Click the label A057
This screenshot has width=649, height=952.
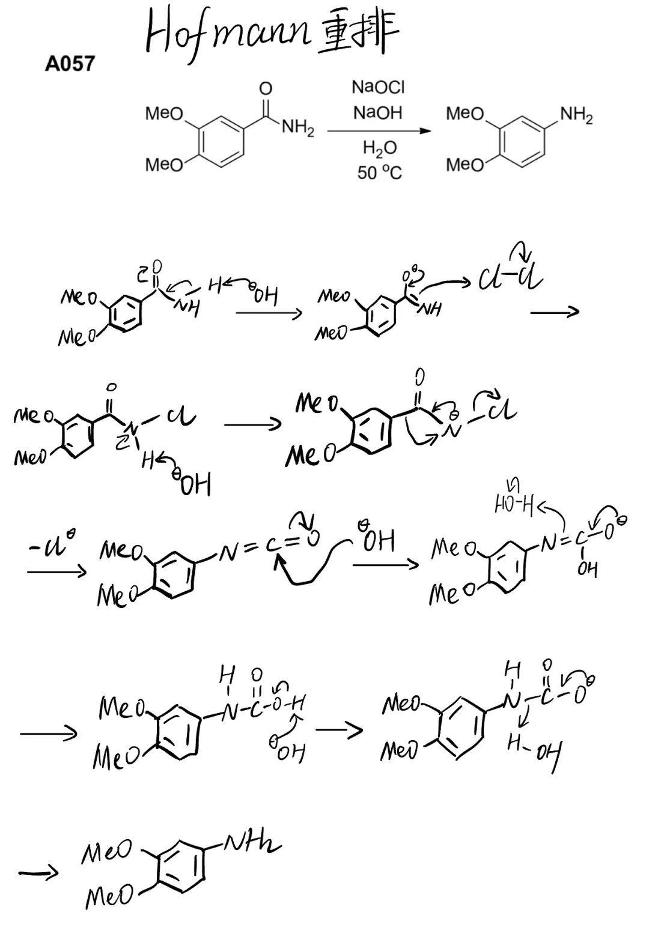click(70, 63)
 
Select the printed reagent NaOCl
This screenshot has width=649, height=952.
click(378, 88)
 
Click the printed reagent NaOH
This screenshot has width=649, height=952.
click(377, 113)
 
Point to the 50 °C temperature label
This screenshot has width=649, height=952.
click(379, 173)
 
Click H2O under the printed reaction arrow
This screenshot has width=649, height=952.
click(379, 148)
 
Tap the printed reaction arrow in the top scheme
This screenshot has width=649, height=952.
click(379, 131)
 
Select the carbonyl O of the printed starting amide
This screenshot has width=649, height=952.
click(265, 89)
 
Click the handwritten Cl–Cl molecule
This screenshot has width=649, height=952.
click(510, 278)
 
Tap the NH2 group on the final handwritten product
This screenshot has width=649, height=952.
click(252, 845)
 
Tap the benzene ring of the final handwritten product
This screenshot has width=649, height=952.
click(181, 869)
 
